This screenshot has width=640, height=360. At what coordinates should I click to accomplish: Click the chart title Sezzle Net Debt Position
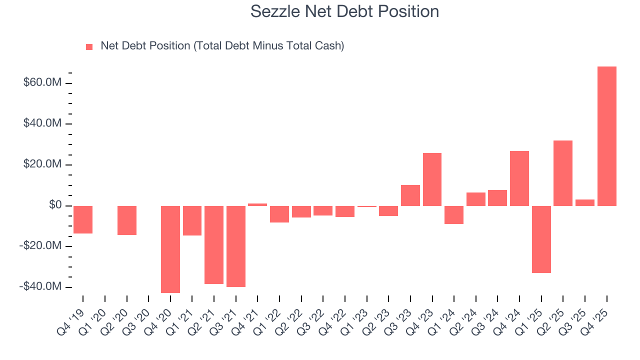(344, 11)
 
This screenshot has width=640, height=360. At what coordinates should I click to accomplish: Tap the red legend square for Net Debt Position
(89, 46)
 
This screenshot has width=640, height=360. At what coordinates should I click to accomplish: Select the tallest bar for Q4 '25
(606, 136)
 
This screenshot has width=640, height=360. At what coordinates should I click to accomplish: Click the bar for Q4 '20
(170, 249)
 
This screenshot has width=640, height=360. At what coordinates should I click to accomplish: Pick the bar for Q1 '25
(541, 239)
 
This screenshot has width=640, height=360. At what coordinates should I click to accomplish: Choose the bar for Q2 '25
(563, 173)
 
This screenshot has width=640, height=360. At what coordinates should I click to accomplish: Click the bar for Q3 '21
(236, 246)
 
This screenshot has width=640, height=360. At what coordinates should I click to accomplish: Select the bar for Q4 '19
(83, 219)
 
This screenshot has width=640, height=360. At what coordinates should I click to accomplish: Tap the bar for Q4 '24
(519, 178)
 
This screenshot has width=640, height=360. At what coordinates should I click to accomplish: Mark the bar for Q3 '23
(410, 195)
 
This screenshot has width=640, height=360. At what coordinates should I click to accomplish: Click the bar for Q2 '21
(214, 244)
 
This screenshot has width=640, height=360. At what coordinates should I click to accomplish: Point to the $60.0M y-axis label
(42, 82)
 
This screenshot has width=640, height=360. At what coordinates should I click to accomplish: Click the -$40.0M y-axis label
(41, 287)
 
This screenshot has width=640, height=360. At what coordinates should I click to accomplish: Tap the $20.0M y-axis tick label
(42, 164)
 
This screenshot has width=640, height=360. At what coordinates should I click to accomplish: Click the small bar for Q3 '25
(584, 202)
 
